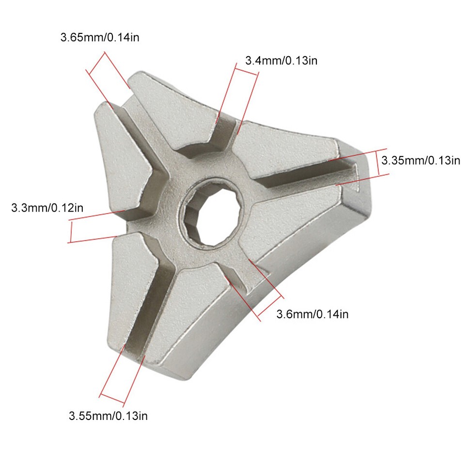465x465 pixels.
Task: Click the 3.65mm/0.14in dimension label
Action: point(100,37)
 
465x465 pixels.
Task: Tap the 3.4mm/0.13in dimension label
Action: point(281,61)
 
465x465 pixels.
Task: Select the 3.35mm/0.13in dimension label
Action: point(420,160)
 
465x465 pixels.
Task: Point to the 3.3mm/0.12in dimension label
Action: point(47,208)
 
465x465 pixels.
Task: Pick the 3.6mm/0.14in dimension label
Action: point(312,314)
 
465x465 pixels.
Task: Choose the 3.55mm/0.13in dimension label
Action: point(108,415)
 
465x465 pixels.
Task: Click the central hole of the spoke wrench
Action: point(210,213)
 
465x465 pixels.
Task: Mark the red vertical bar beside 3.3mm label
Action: point(70,232)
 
